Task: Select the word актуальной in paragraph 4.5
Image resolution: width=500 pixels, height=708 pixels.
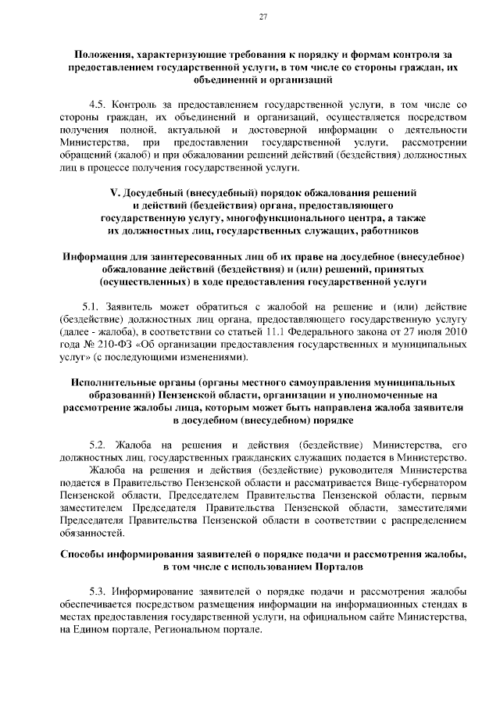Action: tap(203, 129)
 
